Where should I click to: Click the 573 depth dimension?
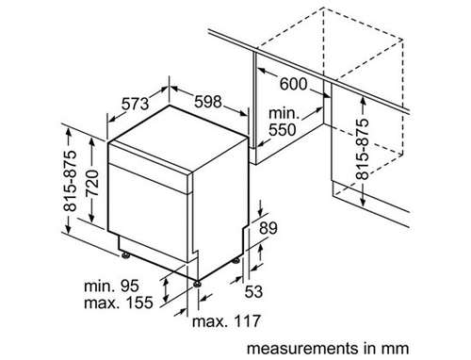[135, 104]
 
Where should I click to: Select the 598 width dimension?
[208, 102]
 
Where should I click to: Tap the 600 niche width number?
[293, 84]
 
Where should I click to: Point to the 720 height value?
[93, 183]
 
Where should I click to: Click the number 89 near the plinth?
[268, 228]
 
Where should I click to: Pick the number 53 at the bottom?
[253, 291]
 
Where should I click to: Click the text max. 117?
[226, 321]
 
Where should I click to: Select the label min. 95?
[111, 286]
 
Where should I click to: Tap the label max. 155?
[119, 303]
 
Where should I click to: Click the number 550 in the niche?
[282, 130]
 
